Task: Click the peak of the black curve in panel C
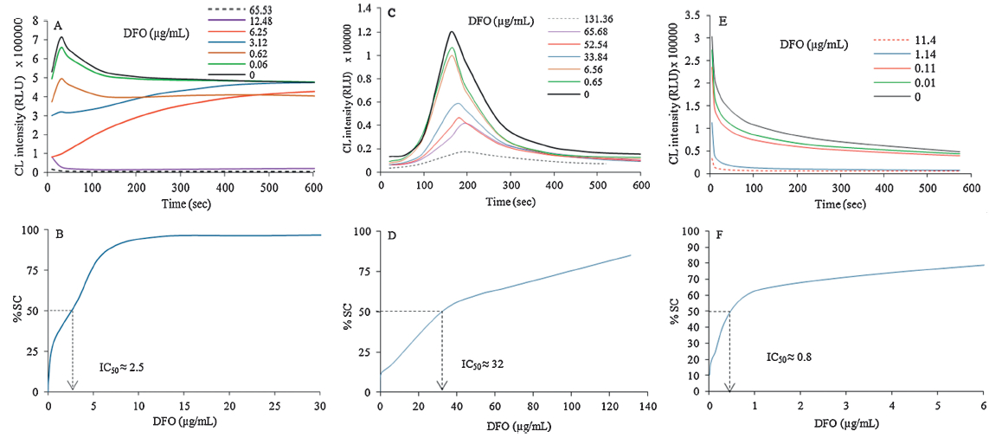point(451,32)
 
